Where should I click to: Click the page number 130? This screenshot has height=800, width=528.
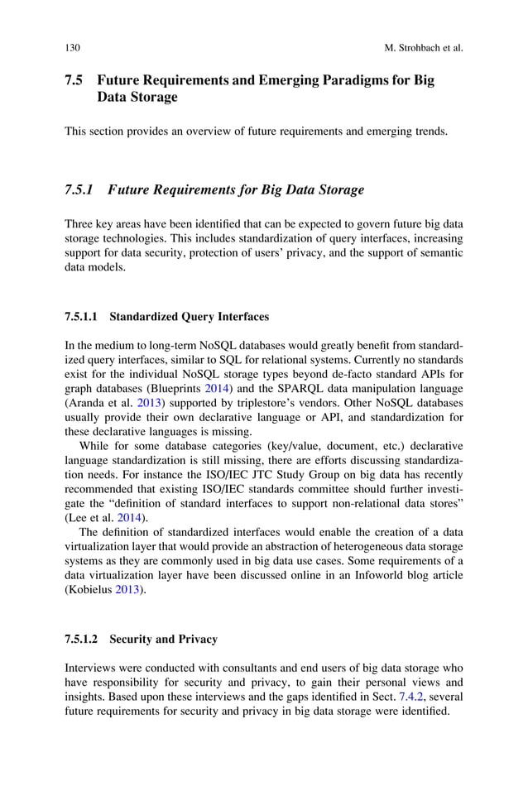click(x=72, y=48)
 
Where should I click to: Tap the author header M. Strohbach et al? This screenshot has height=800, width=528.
click(x=424, y=48)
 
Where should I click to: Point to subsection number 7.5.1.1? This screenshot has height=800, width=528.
click(x=81, y=316)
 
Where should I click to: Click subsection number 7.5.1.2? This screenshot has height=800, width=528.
click(x=81, y=639)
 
